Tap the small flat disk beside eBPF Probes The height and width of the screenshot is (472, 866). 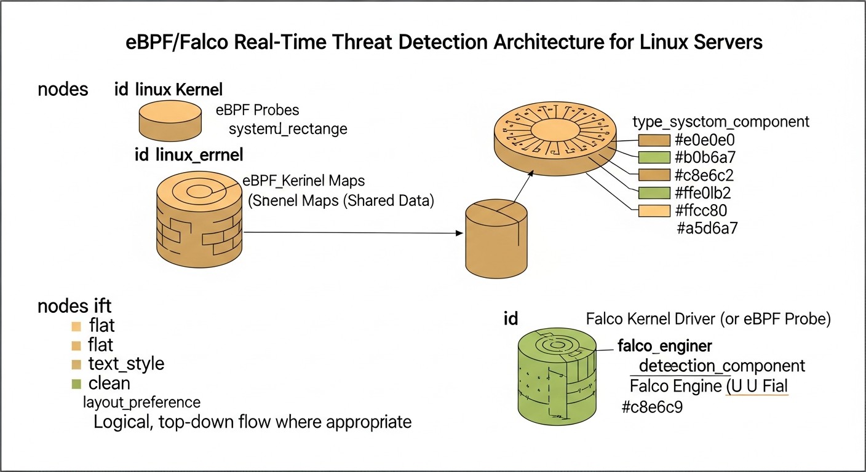(x=170, y=120)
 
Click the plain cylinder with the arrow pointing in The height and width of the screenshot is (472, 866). (x=496, y=238)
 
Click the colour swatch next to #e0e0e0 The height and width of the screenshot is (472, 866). (x=654, y=140)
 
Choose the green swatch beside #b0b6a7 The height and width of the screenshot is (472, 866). (x=654, y=157)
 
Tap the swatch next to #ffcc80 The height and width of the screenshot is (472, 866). (x=654, y=211)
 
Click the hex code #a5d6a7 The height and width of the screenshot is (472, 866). (x=707, y=228)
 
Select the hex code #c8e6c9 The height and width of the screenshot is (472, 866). (x=652, y=407)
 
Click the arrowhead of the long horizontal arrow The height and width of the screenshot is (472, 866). (x=459, y=233)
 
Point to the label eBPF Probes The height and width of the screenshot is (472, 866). (x=258, y=110)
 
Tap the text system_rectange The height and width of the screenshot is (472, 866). (x=288, y=128)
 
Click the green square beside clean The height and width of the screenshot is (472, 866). (x=76, y=384)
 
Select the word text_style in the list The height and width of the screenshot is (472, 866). (x=126, y=364)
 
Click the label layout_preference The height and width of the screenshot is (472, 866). (x=142, y=403)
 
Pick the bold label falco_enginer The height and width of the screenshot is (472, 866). (x=665, y=346)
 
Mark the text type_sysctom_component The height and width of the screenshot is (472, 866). (x=721, y=122)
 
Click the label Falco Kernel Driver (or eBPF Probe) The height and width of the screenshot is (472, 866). (x=709, y=320)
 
